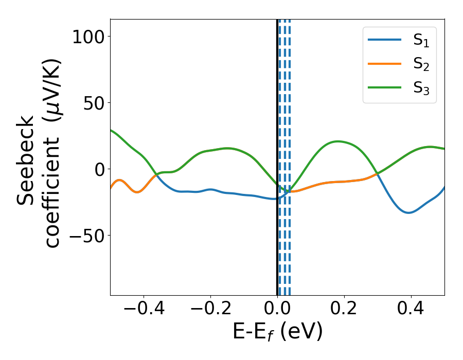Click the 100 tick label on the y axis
(88, 37)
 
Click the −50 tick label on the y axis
(87, 236)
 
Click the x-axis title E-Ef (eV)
(277, 332)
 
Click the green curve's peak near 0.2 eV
(338, 141)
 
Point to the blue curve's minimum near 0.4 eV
(408, 212)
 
